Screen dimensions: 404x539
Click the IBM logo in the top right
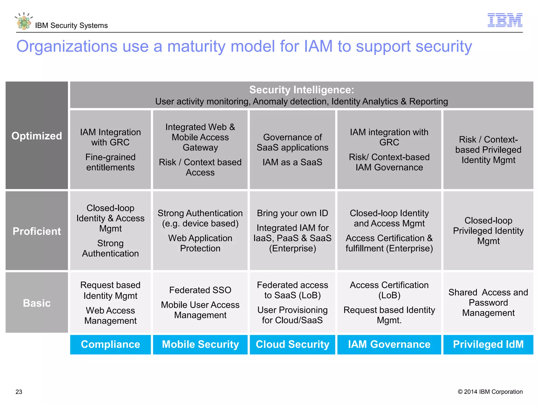click(x=505, y=20)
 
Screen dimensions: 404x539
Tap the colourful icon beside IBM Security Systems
click(x=24, y=21)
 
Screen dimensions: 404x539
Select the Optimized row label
click(x=37, y=136)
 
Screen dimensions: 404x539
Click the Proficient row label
click(x=37, y=231)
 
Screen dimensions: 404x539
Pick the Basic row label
click(x=37, y=303)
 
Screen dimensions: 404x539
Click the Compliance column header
click(x=110, y=344)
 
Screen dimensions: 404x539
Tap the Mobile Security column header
click(x=200, y=344)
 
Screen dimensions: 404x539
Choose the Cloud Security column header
click(x=292, y=344)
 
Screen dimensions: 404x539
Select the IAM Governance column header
click(x=389, y=344)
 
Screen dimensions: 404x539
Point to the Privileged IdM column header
click(x=488, y=344)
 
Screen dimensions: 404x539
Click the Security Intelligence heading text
click(x=302, y=90)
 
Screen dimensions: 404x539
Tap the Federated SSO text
click(x=200, y=290)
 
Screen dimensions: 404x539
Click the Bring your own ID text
click(x=292, y=213)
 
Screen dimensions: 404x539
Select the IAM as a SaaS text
click(x=292, y=162)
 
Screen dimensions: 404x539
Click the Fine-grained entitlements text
click(x=110, y=162)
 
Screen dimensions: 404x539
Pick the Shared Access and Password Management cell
click(x=488, y=302)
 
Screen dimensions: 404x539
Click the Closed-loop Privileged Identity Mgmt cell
click(x=488, y=231)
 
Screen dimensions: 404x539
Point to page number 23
click(x=19, y=392)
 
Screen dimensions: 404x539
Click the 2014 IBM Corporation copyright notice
click(x=490, y=392)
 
